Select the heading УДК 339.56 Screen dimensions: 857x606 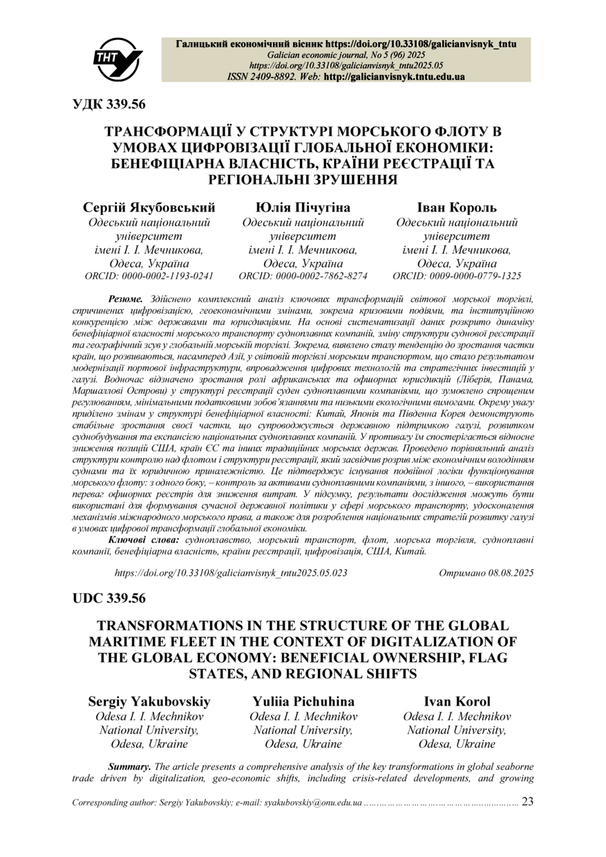(x=109, y=104)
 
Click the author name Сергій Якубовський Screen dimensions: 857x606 (x=149, y=207)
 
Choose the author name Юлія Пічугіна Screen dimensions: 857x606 (x=303, y=207)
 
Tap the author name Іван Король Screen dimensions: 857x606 (x=457, y=207)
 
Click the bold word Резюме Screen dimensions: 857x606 (x=124, y=299)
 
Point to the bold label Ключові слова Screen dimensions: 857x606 (x=144, y=539)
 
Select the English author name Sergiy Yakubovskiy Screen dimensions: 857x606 (x=149, y=701)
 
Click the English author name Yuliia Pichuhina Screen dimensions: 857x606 (x=303, y=701)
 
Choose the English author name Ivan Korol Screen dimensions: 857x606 (x=457, y=701)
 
